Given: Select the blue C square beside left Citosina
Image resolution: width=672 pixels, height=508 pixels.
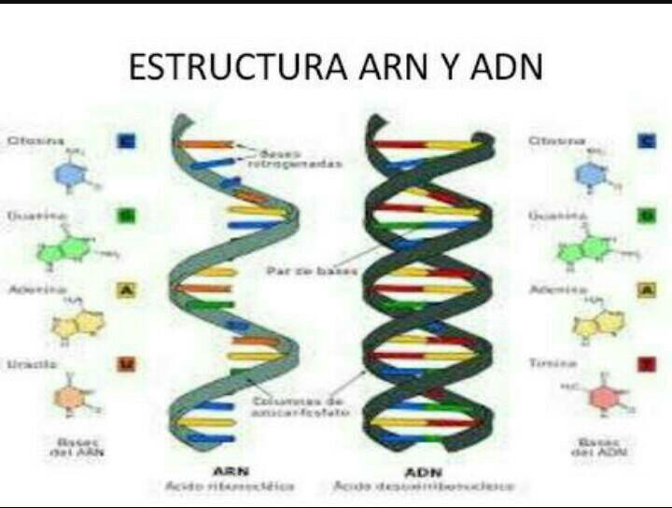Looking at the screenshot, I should [125, 141].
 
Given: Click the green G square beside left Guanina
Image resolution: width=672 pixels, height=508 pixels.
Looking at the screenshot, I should [125, 216].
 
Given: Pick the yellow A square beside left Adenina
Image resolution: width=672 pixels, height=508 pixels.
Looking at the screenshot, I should [125, 290].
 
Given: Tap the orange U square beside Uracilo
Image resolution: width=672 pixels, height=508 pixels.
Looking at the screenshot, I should [125, 363].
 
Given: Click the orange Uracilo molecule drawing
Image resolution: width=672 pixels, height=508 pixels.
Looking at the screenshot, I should [70, 396].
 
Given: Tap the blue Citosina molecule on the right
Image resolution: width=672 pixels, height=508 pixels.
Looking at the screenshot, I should [590, 175].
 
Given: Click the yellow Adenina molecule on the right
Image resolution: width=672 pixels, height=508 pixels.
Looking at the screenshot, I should [594, 321].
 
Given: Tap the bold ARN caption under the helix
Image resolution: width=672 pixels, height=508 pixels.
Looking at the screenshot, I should [230, 470].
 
